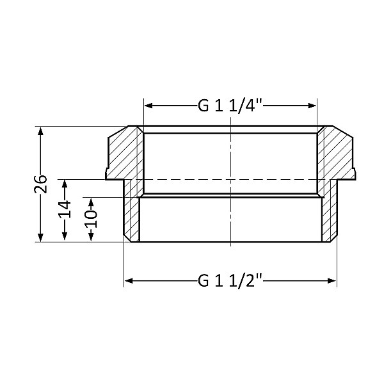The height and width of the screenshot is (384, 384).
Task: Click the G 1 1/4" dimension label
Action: [x=230, y=106]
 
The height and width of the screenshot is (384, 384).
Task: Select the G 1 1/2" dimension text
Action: [x=231, y=280]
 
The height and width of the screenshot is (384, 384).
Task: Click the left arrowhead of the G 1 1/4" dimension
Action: [x=148, y=106]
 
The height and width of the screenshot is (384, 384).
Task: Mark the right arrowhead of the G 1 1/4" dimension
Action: [x=313, y=106]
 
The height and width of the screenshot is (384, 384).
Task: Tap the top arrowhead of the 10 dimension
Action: [x=91, y=202]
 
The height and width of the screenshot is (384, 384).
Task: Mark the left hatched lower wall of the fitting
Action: [x=132, y=214]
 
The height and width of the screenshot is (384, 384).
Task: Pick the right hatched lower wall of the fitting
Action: [x=328, y=214]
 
